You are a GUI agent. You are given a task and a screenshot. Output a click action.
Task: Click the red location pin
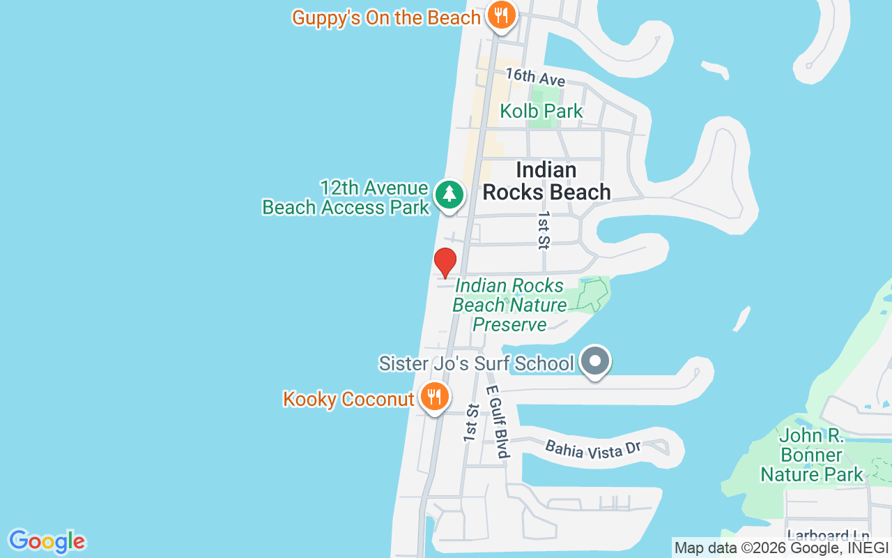click(x=445, y=262)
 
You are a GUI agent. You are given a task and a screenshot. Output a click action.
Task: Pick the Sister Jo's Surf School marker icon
click(x=595, y=361)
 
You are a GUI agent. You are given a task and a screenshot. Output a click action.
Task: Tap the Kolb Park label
click(x=541, y=111)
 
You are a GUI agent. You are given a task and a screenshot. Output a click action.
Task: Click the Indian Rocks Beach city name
click(x=546, y=181)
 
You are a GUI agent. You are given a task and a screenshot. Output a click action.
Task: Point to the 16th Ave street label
click(x=535, y=77)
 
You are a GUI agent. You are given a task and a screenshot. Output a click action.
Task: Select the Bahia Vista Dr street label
click(x=592, y=449)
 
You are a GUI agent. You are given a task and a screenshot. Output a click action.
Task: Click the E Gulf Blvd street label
click(x=496, y=421)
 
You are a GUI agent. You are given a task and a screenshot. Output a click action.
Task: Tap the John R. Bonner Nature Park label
click(x=811, y=455)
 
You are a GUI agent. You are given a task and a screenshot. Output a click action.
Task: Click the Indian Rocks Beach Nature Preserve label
click(x=509, y=305)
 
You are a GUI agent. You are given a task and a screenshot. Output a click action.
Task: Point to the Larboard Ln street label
click(x=829, y=536)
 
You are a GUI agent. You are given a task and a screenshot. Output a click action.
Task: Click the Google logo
click(x=47, y=541)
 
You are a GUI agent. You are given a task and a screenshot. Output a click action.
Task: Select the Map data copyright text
click(x=782, y=548)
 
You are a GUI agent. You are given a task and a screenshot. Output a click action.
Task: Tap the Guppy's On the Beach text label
click(x=386, y=17)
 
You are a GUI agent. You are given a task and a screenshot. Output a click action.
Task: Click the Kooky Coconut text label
click(x=348, y=399)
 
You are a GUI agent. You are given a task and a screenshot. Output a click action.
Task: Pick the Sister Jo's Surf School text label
click(x=476, y=363)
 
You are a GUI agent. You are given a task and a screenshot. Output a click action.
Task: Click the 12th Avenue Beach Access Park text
click(x=346, y=197)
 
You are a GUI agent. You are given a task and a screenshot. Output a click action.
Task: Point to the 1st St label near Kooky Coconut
click(x=472, y=422)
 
